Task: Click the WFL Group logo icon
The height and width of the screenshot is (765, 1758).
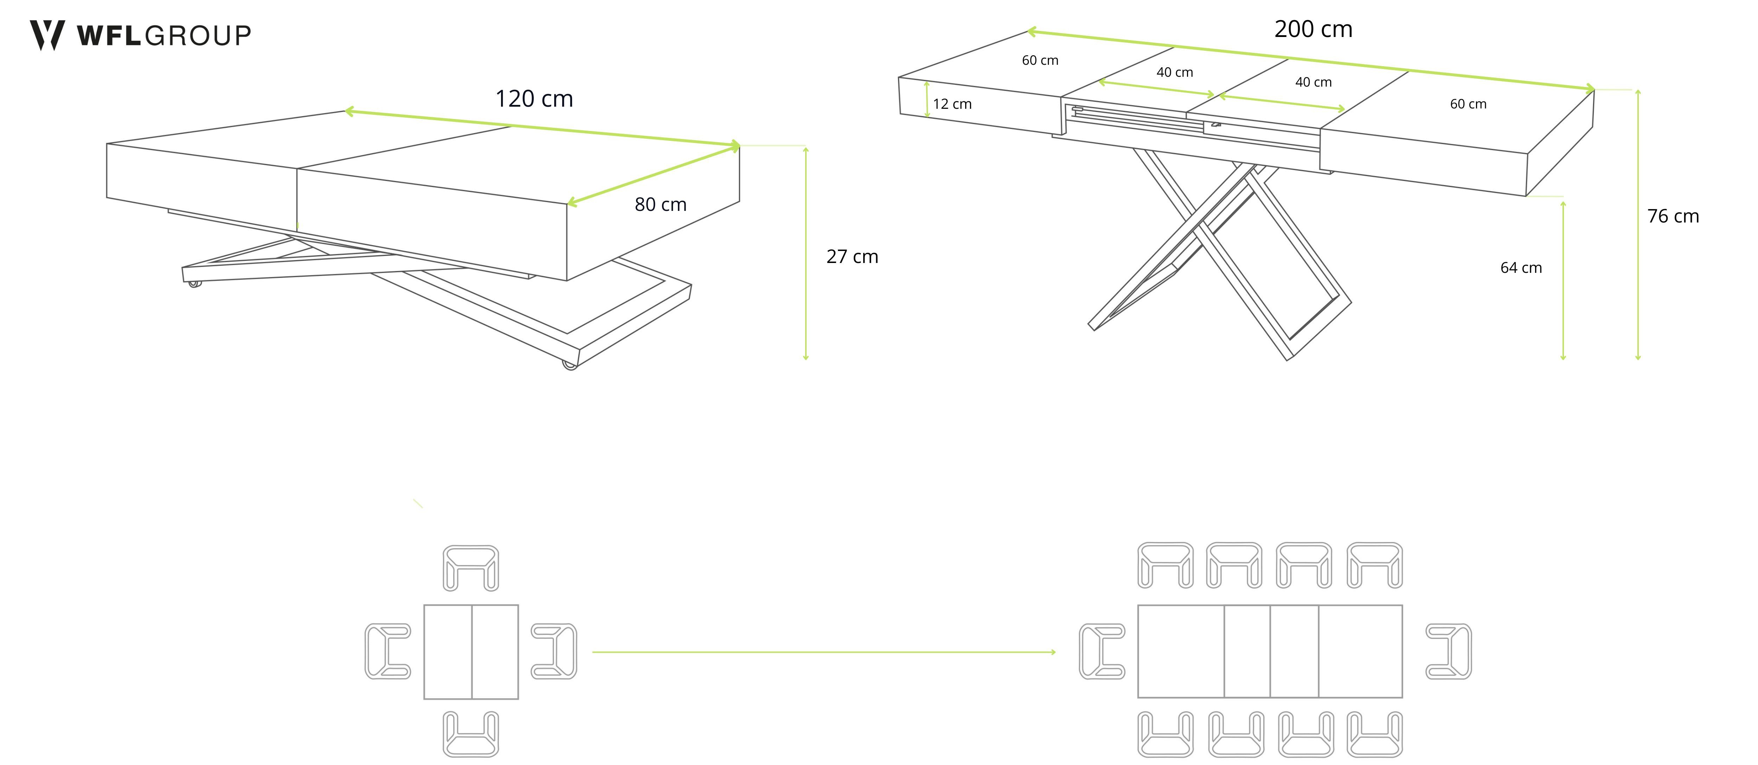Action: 46,35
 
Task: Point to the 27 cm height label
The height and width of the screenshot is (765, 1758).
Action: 852,257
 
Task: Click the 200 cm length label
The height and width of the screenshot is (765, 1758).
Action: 1313,29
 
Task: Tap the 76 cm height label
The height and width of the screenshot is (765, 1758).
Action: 1673,217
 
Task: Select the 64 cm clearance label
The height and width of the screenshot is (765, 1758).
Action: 1521,268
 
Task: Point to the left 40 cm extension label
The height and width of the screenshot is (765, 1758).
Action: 1174,73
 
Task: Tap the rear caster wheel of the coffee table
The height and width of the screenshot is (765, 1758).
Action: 195,283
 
